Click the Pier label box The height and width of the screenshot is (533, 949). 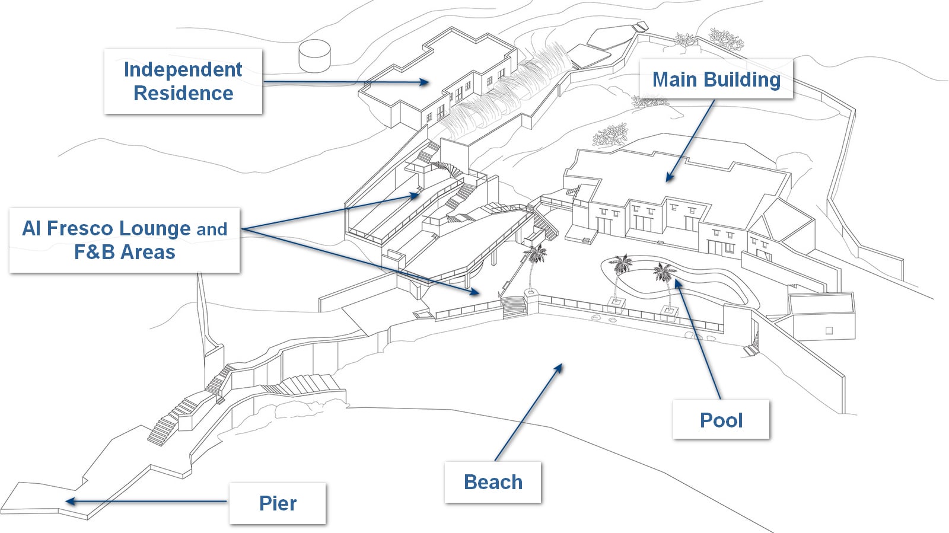click(278, 503)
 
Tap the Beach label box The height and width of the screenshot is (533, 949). click(493, 482)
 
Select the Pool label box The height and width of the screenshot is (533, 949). click(721, 420)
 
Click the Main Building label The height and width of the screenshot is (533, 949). click(716, 79)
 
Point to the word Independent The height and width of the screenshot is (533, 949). click(183, 69)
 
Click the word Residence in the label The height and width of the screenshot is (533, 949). click(183, 93)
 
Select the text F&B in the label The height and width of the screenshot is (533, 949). click(94, 252)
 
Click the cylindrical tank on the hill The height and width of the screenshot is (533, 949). click(314, 55)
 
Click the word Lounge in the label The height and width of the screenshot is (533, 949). click(155, 228)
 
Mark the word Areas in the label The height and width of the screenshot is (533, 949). click(148, 252)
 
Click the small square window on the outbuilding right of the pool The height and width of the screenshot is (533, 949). click(829, 330)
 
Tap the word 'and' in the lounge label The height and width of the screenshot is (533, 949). click(212, 229)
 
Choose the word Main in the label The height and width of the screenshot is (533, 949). click(674, 79)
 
